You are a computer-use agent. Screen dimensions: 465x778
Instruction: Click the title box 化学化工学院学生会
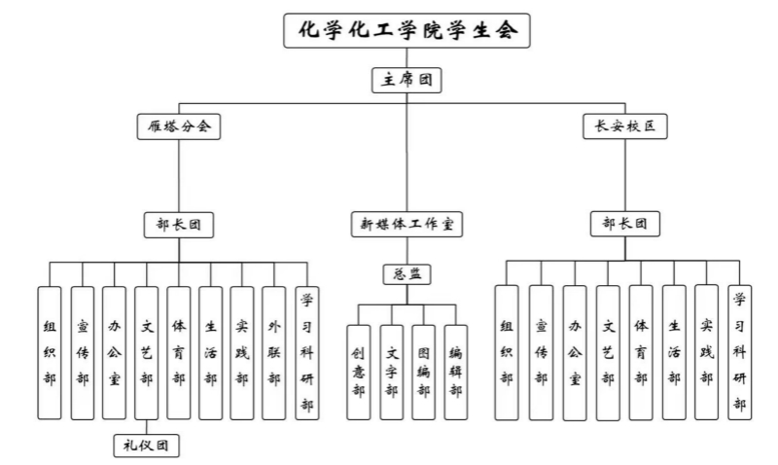click(x=407, y=31)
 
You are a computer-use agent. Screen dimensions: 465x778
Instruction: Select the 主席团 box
click(x=407, y=81)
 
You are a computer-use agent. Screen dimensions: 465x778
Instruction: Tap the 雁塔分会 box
click(x=178, y=125)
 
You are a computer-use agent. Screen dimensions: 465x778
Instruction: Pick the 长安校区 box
click(x=625, y=125)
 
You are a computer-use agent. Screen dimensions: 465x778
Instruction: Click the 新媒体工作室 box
click(x=407, y=225)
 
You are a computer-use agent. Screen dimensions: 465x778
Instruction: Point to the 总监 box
click(x=407, y=274)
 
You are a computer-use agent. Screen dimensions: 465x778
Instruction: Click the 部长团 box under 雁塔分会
click(x=178, y=225)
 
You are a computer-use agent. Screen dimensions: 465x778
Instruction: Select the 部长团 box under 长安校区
click(x=625, y=225)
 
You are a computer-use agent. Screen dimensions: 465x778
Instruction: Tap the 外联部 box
click(x=274, y=352)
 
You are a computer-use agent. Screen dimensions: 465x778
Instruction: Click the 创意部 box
click(x=359, y=372)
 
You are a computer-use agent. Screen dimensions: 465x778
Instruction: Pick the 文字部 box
click(x=391, y=372)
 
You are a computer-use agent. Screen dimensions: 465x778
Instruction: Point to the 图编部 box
click(x=423, y=372)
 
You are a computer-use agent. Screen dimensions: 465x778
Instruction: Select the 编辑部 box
click(x=455, y=372)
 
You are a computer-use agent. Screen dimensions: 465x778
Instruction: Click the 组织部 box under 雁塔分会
click(x=50, y=352)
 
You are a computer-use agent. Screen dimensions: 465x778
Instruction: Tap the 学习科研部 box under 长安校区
click(x=739, y=351)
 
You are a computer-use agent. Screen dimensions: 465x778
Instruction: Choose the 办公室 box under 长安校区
click(x=574, y=352)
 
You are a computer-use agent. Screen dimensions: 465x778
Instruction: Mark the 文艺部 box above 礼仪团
click(x=146, y=352)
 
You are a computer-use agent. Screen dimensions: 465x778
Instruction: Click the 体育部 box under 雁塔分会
click(x=178, y=352)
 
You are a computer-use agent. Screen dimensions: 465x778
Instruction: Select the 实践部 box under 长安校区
click(x=707, y=351)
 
